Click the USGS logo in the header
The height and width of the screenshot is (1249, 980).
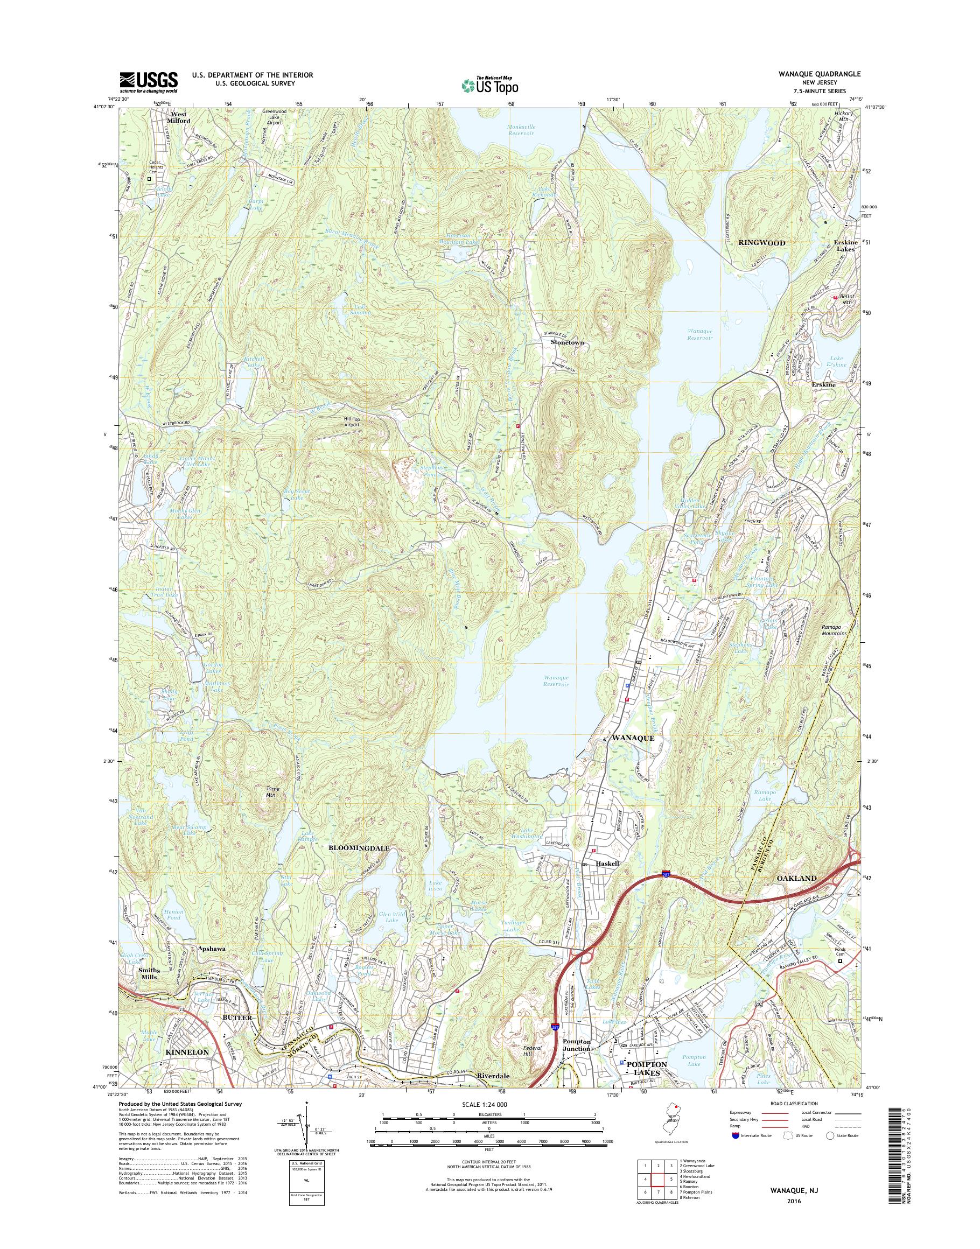pyautogui.click(x=148, y=82)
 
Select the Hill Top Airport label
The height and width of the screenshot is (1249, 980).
pyautogui.click(x=348, y=422)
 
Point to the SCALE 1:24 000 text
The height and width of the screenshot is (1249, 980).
pyautogui.click(x=488, y=1104)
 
